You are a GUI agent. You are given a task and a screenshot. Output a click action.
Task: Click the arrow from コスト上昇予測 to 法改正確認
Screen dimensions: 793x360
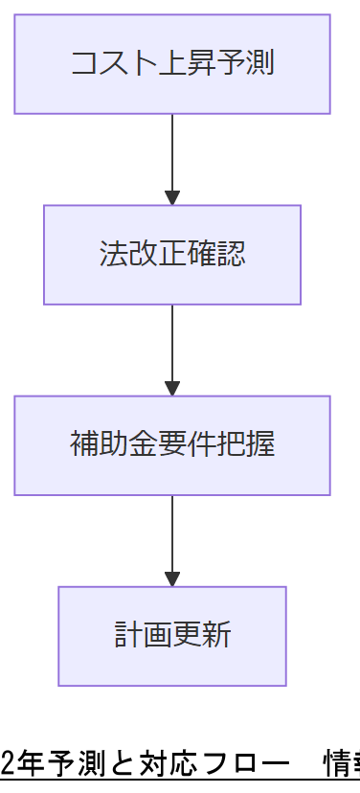point(172,158)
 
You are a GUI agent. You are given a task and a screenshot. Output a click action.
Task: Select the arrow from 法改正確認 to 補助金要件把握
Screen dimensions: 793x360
point(172,349)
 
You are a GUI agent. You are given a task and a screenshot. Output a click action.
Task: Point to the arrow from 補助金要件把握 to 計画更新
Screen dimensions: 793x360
point(172,539)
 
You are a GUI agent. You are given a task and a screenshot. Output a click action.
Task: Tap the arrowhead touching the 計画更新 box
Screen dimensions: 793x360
point(172,578)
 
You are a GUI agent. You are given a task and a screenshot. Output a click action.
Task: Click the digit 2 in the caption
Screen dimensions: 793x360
point(8,762)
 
